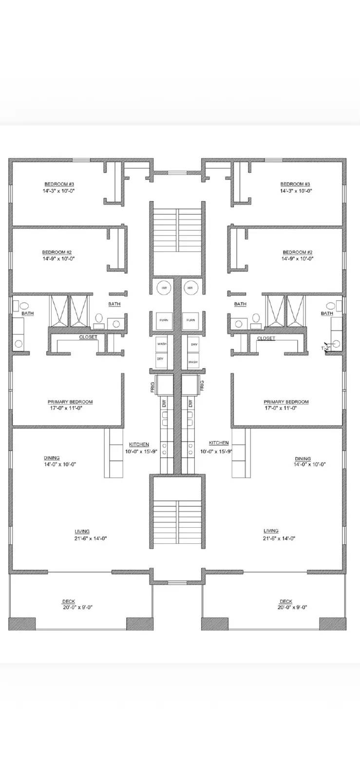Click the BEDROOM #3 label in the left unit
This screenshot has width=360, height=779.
59,184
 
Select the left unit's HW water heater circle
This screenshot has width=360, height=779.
162,289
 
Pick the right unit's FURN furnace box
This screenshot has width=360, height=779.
190,320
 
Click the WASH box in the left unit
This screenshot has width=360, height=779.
162,344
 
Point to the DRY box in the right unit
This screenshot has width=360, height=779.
194,344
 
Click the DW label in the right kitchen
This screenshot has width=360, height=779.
190,404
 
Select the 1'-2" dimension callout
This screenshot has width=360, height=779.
325,348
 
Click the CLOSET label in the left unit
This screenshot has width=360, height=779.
88,337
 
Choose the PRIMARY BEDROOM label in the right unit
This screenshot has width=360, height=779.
286,402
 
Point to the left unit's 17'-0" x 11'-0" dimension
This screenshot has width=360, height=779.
70,408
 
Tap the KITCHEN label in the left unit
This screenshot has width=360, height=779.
139,445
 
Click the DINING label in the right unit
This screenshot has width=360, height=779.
303,459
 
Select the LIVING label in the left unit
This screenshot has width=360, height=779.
82,532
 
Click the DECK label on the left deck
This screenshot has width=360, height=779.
68,601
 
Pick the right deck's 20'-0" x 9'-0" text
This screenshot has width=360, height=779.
293,607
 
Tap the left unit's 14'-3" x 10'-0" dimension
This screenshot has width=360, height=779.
58,191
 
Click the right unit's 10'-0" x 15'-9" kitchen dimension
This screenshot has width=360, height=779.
216,451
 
